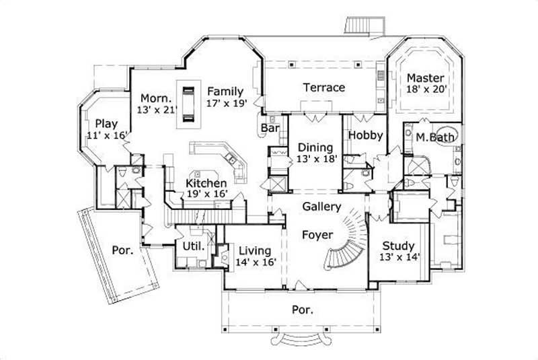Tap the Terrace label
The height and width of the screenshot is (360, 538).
pyautogui.click(x=323, y=87)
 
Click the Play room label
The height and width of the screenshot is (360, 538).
pyautogui.click(x=106, y=123)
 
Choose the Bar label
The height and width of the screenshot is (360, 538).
pyautogui.click(x=270, y=127)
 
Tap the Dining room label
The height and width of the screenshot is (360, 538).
pyautogui.click(x=315, y=147)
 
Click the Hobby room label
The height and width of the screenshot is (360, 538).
pyautogui.click(x=365, y=135)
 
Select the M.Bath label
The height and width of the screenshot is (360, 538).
pyautogui.click(x=434, y=137)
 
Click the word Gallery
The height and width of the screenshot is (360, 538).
pyautogui.click(x=321, y=207)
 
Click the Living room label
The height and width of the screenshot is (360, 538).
pyautogui.click(x=256, y=251)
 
